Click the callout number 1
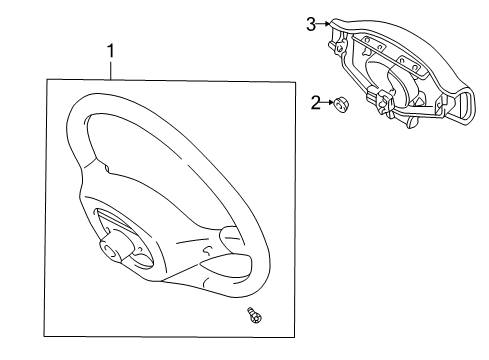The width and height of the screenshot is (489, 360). click(111, 51)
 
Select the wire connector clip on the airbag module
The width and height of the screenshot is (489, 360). click(381, 98)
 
